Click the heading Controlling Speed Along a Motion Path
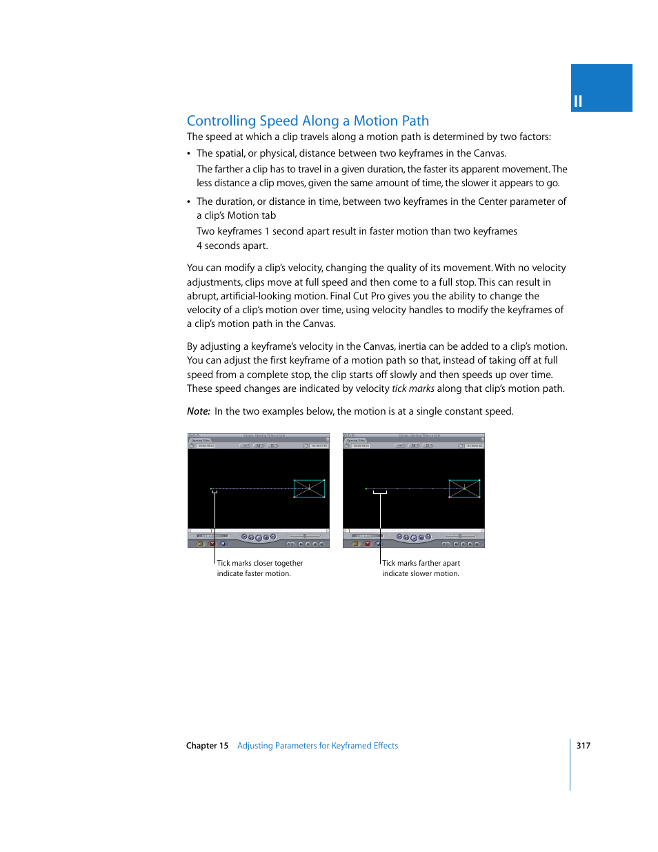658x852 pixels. [x=308, y=121]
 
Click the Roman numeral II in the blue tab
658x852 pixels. [x=578, y=101]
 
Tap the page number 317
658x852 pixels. [x=583, y=745]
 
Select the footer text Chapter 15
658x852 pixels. [x=207, y=746]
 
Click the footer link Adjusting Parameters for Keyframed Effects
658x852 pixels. [x=317, y=746]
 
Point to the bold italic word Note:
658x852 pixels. [x=198, y=411]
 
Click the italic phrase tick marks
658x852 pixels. [x=412, y=388]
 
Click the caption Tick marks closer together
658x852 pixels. [x=260, y=563]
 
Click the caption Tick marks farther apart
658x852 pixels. [x=421, y=563]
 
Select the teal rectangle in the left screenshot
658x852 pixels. [x=309, y=488]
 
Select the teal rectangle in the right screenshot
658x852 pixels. [x=464, y=488]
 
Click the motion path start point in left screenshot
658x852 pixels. [x=211, y=488]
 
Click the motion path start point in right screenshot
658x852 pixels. [x=366, y=488]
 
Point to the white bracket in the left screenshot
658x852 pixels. [x=215, y=492]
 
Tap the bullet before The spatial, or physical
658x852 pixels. [x=189, y=154]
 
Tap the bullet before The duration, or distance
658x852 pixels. [x=189, y=202]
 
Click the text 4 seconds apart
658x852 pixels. [x=232, y=246]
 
